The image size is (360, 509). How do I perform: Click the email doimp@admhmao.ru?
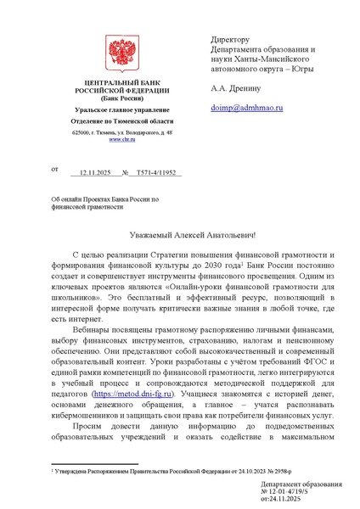click(x=246, y=109)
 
